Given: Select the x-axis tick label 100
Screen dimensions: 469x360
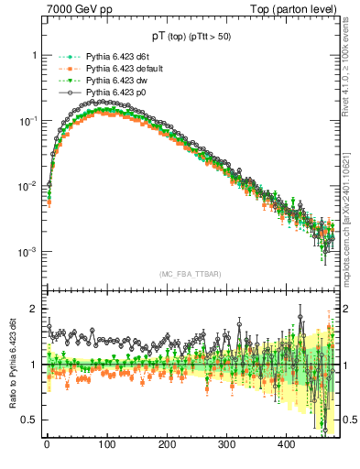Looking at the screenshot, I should point(106,444).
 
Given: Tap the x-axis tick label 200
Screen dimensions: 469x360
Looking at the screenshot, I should point(167,444).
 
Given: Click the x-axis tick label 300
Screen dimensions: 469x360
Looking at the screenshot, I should point(226,444).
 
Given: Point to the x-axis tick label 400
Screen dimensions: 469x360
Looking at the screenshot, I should point(286,444).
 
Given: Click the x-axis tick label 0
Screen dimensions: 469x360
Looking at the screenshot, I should point(47,444).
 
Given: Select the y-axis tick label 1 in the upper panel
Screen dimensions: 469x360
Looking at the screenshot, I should point(34,55).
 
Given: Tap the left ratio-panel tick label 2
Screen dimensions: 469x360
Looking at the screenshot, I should point(34,310).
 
